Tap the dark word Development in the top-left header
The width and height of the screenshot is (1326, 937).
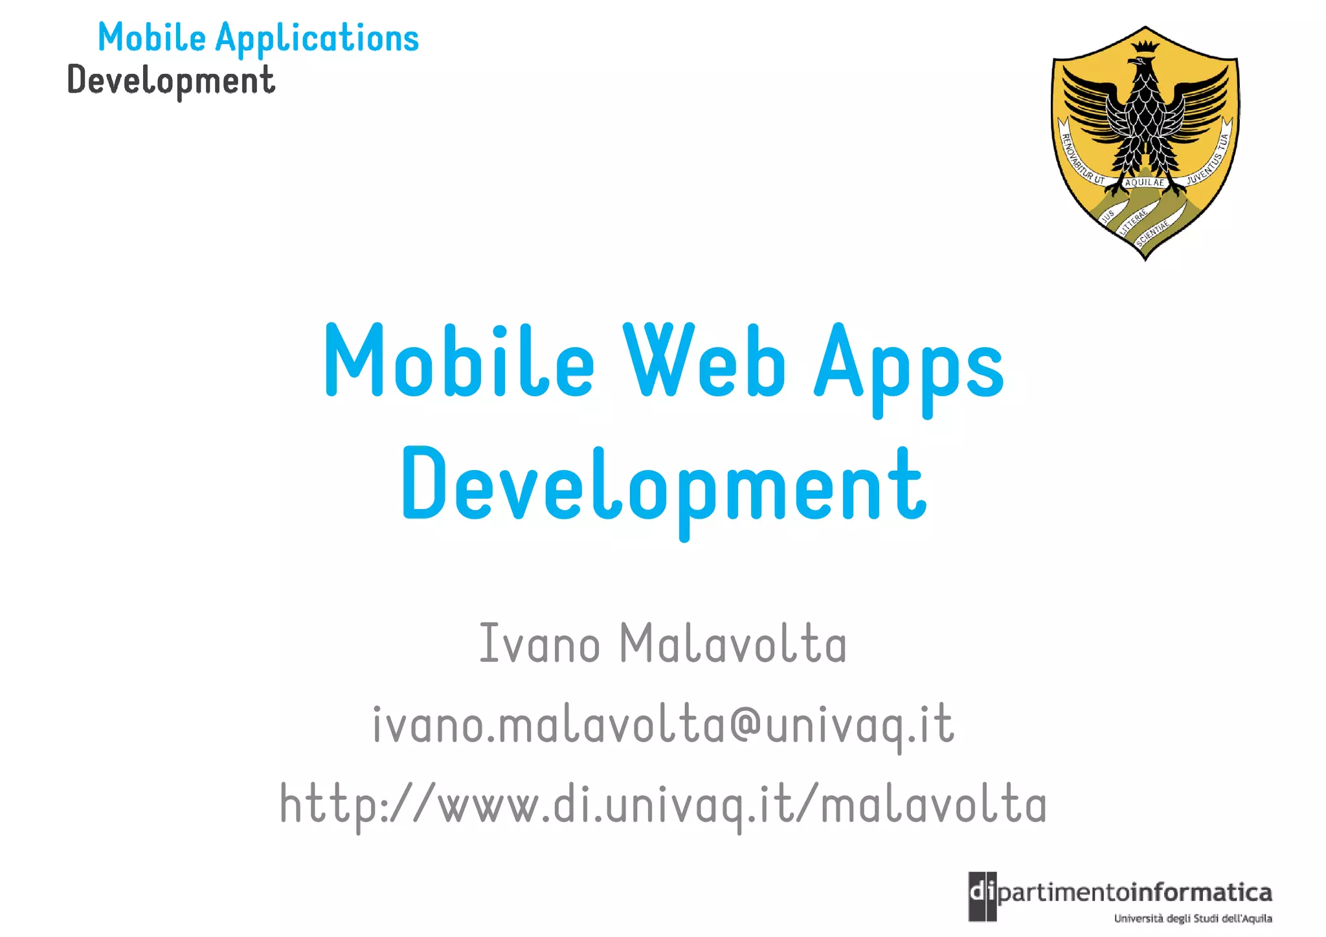172,81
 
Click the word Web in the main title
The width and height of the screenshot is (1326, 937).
704,361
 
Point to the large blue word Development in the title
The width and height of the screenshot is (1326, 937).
664,487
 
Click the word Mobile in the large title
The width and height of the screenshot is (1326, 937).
459,361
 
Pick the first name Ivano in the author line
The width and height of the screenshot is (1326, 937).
539,643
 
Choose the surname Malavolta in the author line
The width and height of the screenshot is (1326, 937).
733,643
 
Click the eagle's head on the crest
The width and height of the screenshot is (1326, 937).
1141,65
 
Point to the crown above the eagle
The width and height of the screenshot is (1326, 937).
1145,46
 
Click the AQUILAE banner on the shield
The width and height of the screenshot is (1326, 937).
1145,183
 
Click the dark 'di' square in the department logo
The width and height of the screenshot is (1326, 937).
982,896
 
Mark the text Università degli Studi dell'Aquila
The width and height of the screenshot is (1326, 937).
1193,919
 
